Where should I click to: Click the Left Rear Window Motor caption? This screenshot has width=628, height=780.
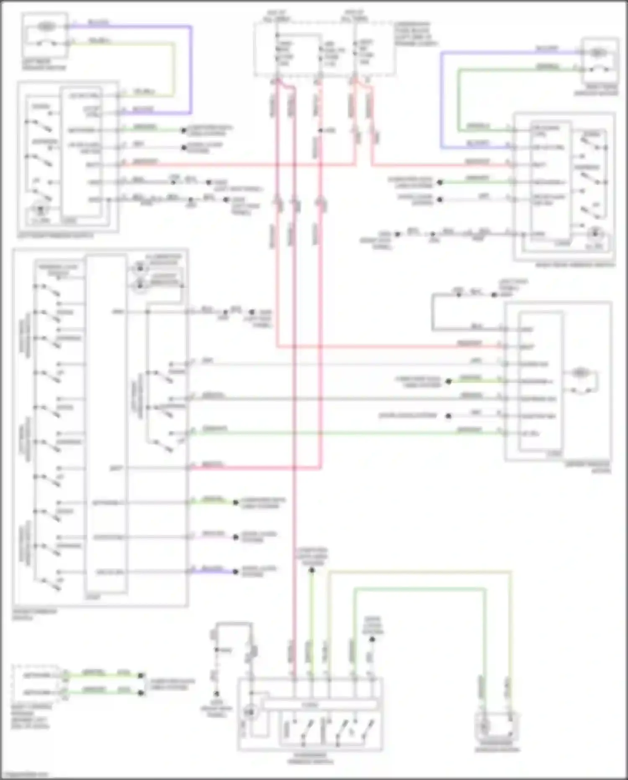44,65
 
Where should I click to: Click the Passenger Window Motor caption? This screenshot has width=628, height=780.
497,750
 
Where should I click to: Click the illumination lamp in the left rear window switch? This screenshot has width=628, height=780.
41,209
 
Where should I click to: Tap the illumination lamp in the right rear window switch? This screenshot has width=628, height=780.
595,233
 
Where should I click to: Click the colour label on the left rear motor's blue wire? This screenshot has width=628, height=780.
98,22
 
